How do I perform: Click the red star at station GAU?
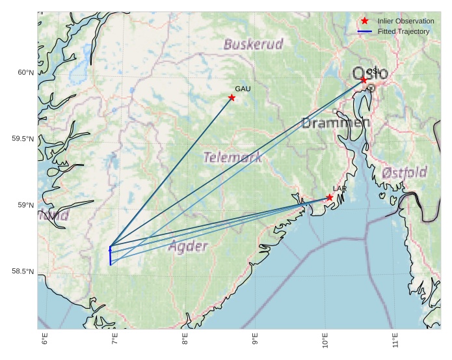tap(232, 98)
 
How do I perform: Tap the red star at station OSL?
tap(364, 79)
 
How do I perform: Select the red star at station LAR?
tap(330, 197)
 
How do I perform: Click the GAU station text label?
tap(243, 89)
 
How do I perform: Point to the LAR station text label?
tap(339, 188)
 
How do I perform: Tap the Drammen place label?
tap(336, 122)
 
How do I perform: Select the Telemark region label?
tap(233, 157)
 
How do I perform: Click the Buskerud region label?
tap(254, 44)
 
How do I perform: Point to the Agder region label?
tap(188, 246)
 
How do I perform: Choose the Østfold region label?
tap(405, 173)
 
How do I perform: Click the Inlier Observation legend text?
tap(405, 21)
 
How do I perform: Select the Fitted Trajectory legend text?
tap(403, 31)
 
